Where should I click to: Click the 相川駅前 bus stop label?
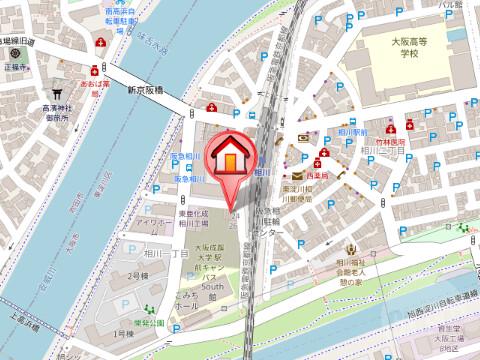[x=355, y=131]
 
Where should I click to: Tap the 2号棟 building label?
[x=138, y=275]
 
